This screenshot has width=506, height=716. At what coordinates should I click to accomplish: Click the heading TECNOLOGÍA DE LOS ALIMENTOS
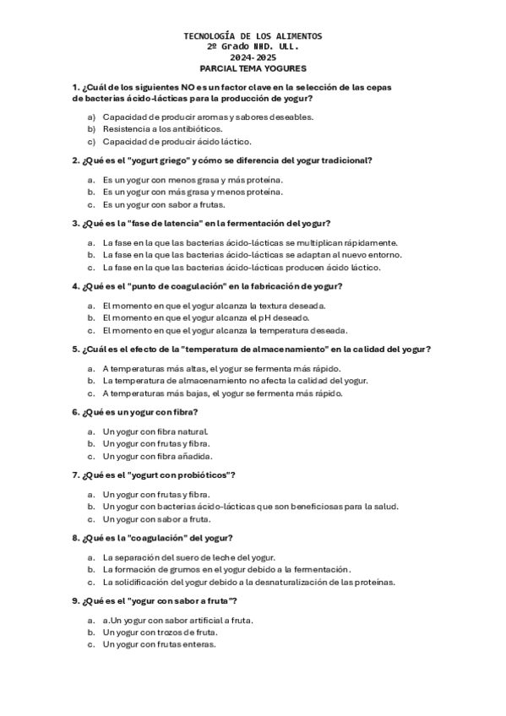coord(253,37)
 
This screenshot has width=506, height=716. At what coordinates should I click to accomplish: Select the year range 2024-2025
coord(253,57)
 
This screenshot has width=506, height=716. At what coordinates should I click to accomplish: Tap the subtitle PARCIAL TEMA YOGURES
coord(253,68)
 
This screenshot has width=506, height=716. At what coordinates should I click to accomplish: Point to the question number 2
coord(76,160)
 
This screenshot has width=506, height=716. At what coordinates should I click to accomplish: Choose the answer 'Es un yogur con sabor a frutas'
coord(159,204)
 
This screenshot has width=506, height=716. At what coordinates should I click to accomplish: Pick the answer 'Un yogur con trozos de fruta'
coord(161,632)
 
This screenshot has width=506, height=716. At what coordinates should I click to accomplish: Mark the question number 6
coord(76,412)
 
